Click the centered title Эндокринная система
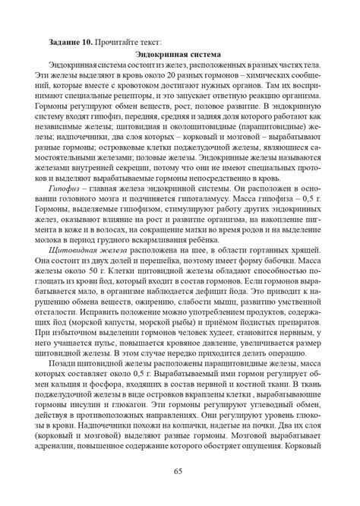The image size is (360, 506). click(x=179, y=55)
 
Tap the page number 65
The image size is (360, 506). click(x=180, y=472)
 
